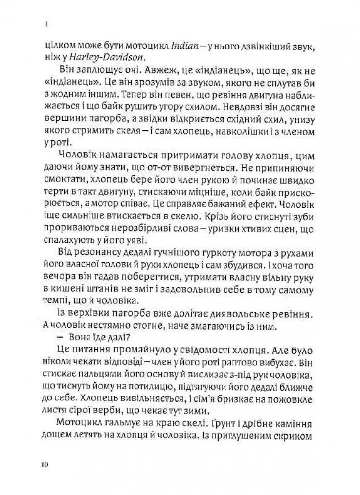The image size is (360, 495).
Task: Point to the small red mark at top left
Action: [x=45, y=23]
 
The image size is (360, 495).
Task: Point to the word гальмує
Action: [x=123, y=427]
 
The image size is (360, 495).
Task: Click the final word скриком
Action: [x=299, y=439]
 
